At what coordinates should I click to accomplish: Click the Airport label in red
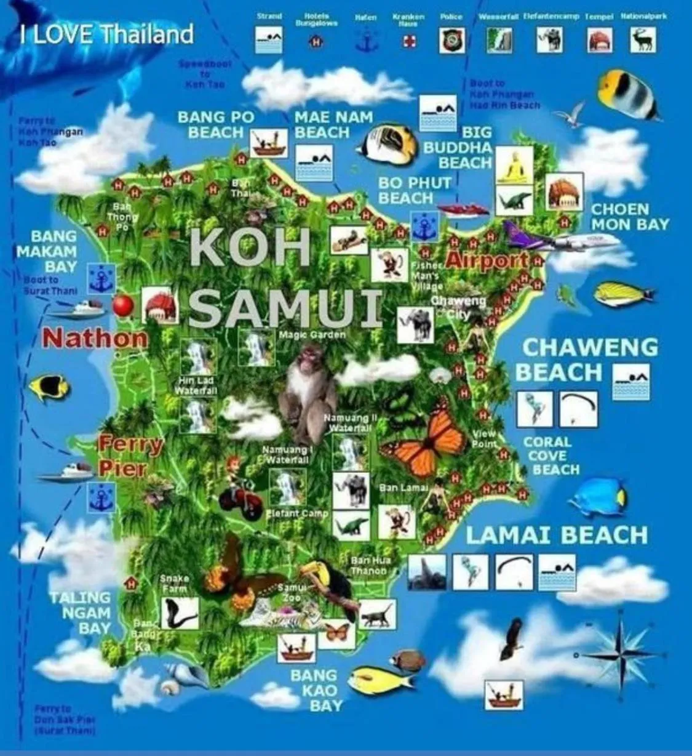pyautogui.click(x=487, y=260)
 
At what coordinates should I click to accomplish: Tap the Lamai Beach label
pyautogui.click(x=557, y=534)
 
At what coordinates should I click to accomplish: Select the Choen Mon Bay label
pyautogui.click(x=629, y=217)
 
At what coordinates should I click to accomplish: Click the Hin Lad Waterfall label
pyautogui.click(x=194, y=386)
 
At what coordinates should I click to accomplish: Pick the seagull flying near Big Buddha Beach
pyautogui.click(x=570, y=115)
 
